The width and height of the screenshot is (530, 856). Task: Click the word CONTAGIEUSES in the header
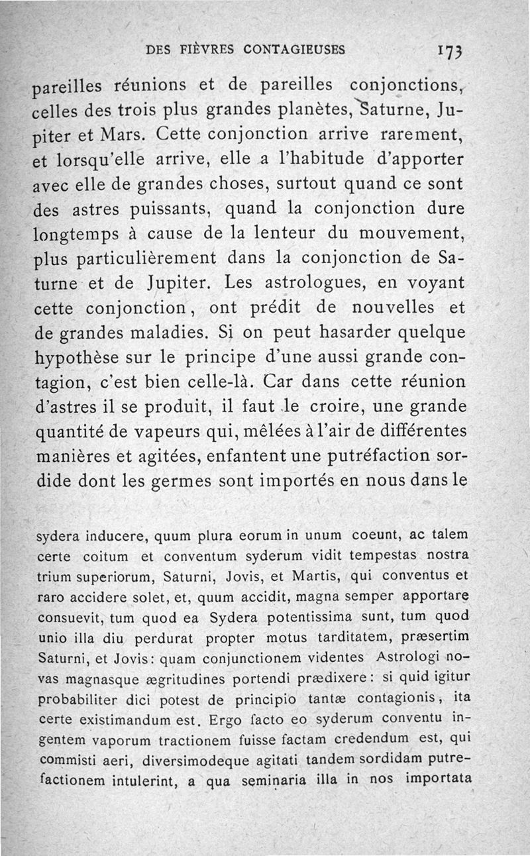pyautogui.click(x=294, y=50)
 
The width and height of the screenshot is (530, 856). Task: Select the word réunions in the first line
pyautogui.click(x=152, y=85)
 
